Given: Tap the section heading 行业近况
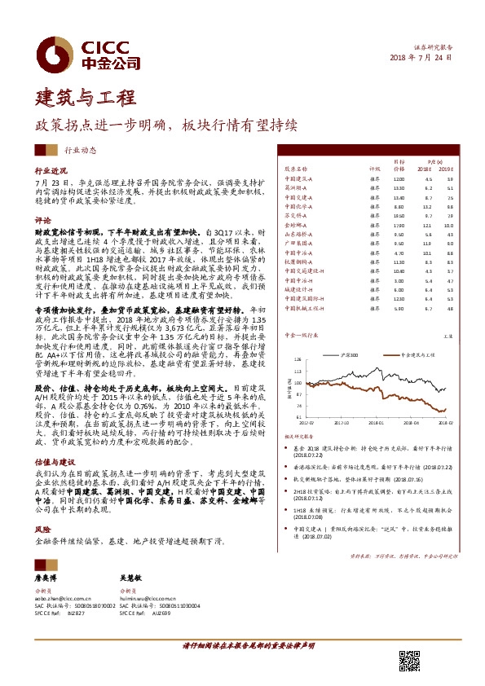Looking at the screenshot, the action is (50, 172).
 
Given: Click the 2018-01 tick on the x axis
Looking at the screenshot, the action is (374, 423).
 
